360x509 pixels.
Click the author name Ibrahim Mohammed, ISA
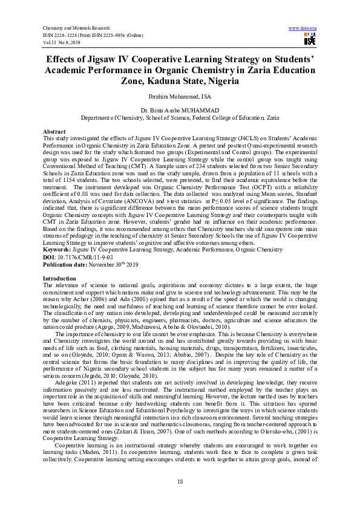tap(180, 96)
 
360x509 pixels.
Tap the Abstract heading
tap(54, 131)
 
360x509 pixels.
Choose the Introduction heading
tap(59, 278)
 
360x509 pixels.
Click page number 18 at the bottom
tap(180, 480)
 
